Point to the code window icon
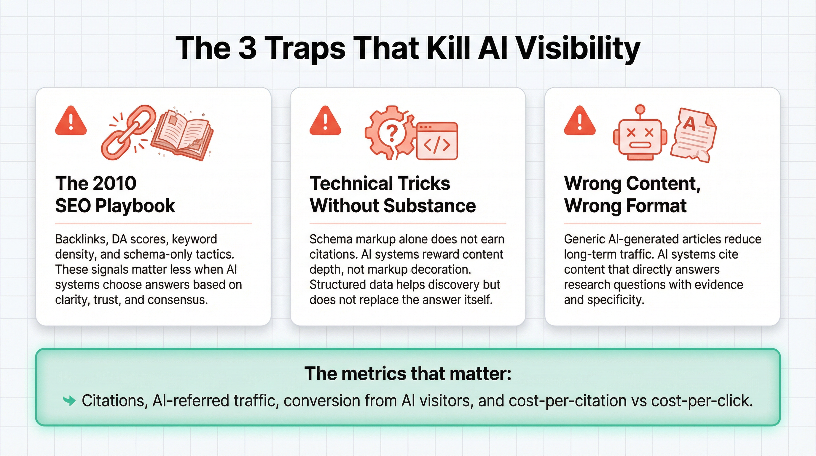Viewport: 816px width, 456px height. (437, 141)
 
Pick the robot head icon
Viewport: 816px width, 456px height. (640, 140)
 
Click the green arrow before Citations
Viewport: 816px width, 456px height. (69, 401)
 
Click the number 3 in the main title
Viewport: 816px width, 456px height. (247, 48)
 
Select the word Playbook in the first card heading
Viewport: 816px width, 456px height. (135, 206)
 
